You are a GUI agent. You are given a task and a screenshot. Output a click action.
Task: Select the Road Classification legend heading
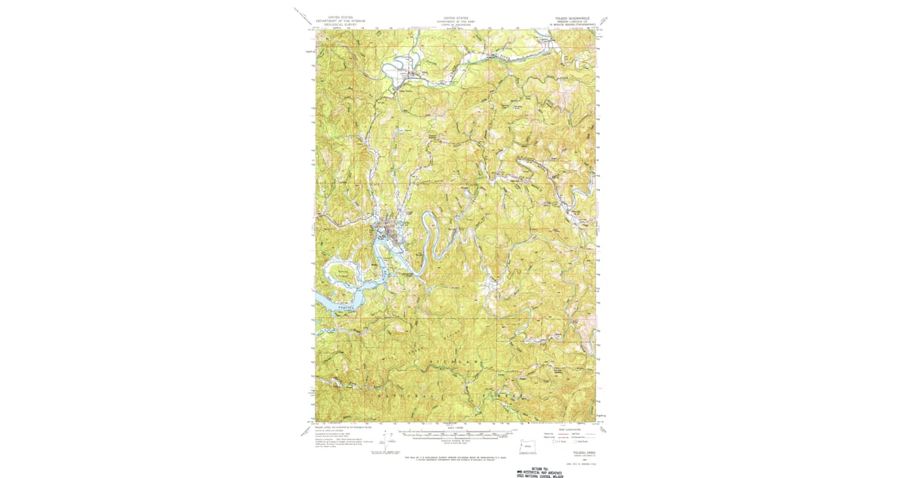[573, 428]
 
